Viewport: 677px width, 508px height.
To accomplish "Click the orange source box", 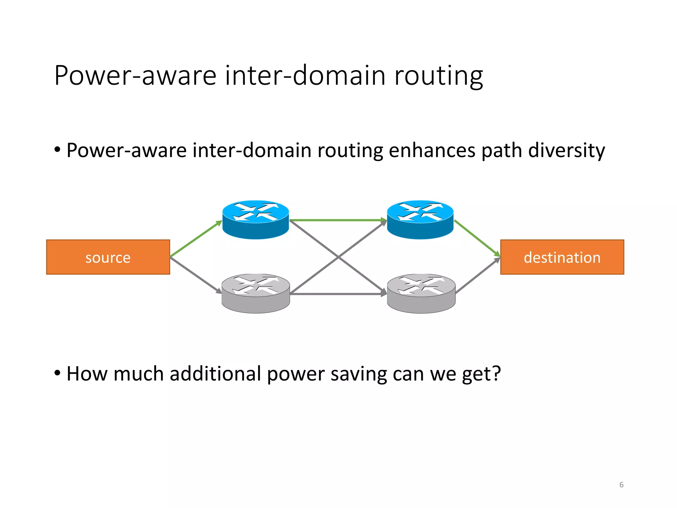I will [108, 257].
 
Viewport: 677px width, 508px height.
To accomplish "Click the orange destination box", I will [562, 257].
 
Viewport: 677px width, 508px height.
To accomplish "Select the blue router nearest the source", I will [256, 219].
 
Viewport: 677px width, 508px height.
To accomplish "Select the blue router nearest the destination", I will [420, 219].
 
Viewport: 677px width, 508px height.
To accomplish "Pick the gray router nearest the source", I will [256, 293].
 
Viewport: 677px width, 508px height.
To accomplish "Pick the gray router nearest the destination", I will [421, 293].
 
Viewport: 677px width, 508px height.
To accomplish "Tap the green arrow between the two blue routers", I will [337, 220].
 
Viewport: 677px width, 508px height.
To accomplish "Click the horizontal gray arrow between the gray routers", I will [337, 294].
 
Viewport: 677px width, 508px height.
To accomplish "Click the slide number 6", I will [621, 485].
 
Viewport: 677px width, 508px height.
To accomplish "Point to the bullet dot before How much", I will [58, 373].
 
